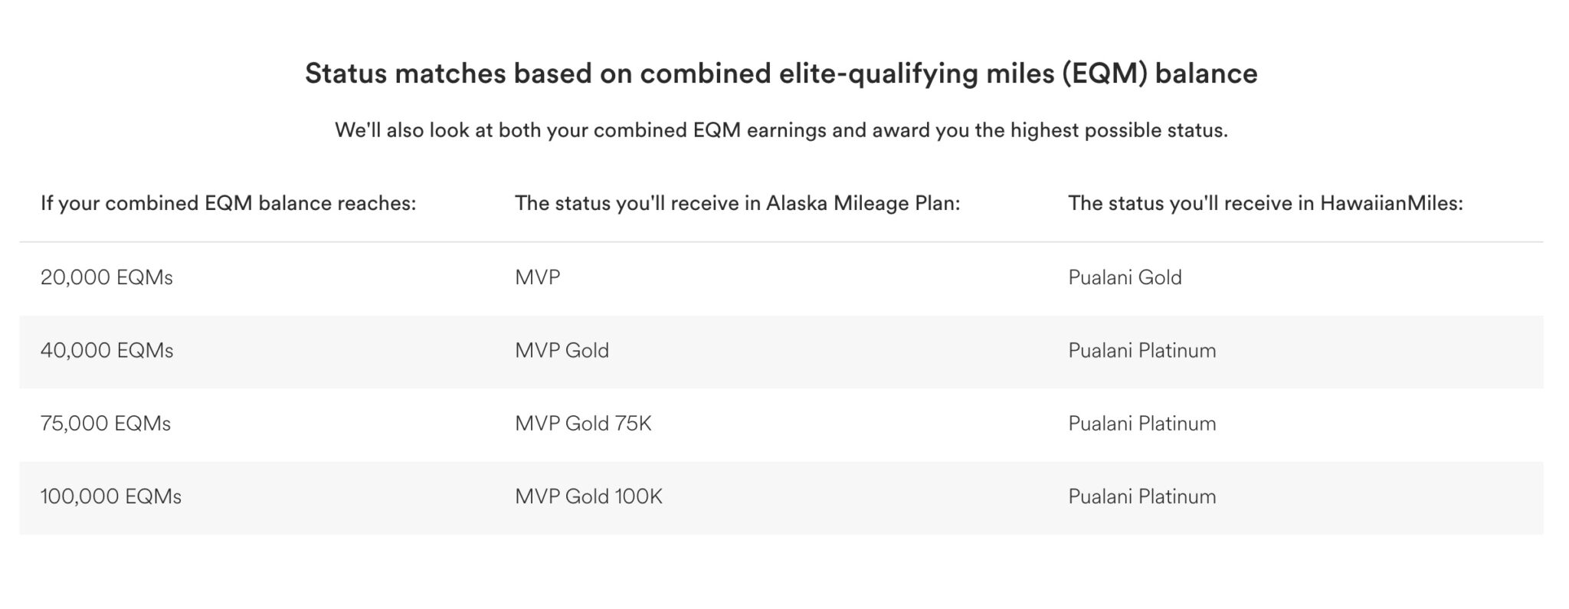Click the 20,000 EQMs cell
point(106,277)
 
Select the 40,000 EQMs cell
point(106,351)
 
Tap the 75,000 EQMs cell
point(106,424)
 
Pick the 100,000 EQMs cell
point(111,497)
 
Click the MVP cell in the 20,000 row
point(537,277)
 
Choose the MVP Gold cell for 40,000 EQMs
point(562,351)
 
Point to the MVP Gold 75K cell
point(583,424)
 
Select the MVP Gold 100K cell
point(588,497)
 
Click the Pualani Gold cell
point(1125,277)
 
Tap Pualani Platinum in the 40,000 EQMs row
point(1142,351)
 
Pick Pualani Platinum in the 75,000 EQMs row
point(1142,424)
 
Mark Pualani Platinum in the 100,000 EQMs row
point(1142,497)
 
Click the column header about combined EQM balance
point(228,204)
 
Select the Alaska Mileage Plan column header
point(737,204)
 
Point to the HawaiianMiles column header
point(1266,204)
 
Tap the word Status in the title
point(344,74)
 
